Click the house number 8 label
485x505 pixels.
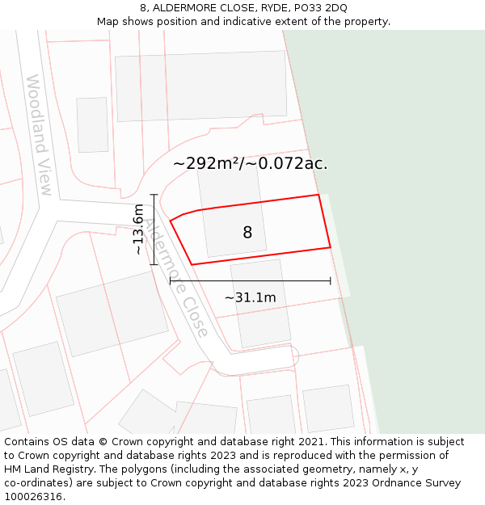coord(247,233)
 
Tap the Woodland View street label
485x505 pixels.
coord(40,135)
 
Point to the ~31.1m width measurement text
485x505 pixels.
coord(250,297)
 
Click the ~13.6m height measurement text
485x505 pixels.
coord(138,229)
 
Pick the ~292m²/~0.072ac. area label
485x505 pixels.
coord(250,163)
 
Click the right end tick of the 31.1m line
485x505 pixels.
coord(330,281)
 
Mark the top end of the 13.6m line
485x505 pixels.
coord(154,195)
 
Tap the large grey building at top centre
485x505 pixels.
coord(201,87)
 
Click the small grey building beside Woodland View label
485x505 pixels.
coord(92,124)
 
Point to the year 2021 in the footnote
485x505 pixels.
coord(312,442)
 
